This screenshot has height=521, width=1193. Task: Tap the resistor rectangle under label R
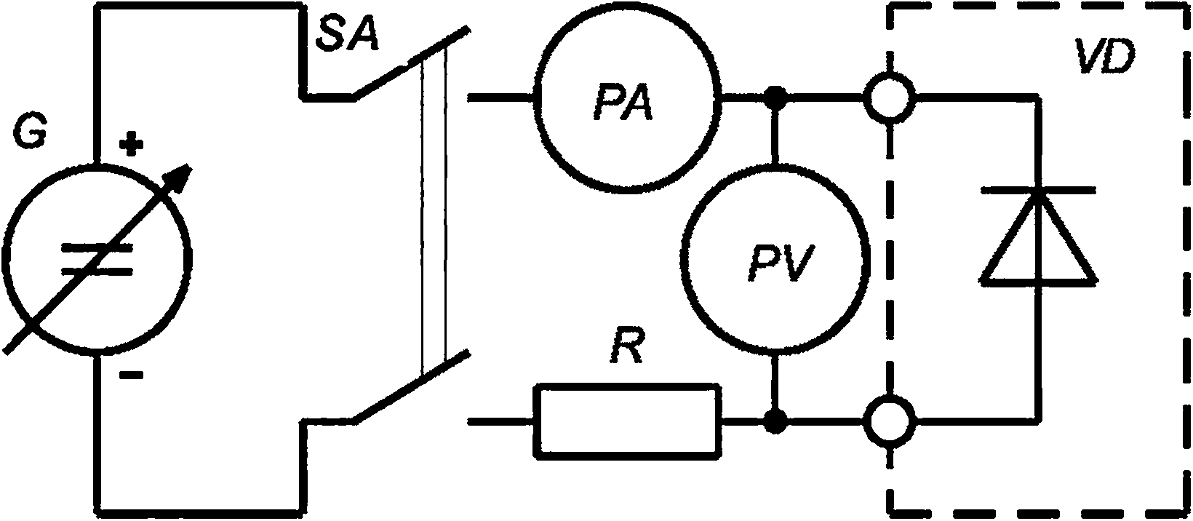click(629, 421)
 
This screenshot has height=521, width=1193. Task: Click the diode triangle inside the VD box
click(1039, 240)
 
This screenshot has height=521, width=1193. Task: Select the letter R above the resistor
click(627, 351)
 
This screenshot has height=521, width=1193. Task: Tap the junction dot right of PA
click(777, 96)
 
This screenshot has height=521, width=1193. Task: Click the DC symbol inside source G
click(97, 260)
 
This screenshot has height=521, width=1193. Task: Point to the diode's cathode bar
click(1039, 190)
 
